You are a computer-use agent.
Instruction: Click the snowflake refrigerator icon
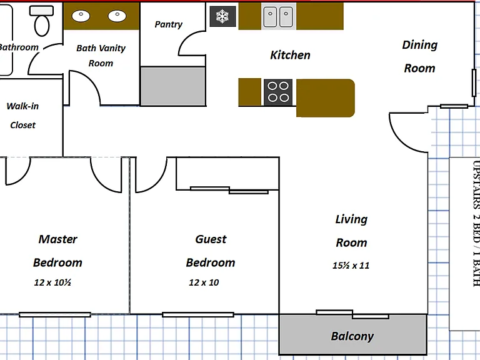tap(222, 16)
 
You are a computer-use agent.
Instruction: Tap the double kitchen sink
tap(278, 16)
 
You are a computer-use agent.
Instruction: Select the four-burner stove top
tap(278, 92)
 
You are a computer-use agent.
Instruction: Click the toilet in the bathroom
tap(42, 21)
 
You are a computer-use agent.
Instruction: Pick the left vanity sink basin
tap(81, 16)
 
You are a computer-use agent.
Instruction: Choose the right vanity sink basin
tap(117, 16)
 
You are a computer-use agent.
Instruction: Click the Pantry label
tap(168, 24)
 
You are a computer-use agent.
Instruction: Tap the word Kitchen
tap(290, 55)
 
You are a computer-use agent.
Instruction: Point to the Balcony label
tap(352, 336)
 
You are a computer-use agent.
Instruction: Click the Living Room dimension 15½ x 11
tap(351, 265)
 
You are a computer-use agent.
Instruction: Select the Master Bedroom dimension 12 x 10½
tap(52, 282)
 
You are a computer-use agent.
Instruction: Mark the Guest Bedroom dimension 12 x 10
tap(204, 282)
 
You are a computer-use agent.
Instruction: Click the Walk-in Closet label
tap(22, 116)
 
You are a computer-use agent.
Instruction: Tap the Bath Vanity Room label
tap(101, 56)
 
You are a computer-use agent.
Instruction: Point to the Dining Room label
tap(420, 56)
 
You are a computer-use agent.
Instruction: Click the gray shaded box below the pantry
tap(173, 86)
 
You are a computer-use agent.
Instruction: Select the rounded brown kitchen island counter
tap(326, 98)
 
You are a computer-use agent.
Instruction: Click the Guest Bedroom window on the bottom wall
tap(198, 314)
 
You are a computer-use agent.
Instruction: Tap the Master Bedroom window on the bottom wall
tap(55, 314)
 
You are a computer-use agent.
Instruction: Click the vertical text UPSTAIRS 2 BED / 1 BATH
tap(476, 224)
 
